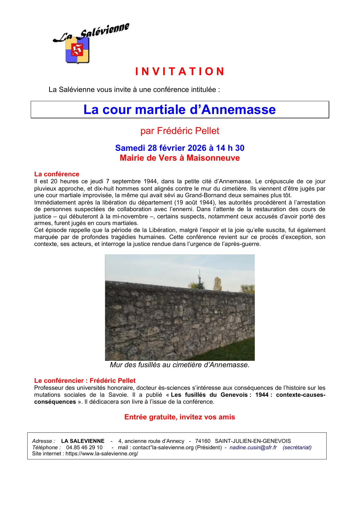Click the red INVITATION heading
180,72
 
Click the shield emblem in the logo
77,50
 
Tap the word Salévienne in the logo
105,31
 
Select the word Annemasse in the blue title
238,110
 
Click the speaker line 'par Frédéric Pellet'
180,131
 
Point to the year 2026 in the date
197,148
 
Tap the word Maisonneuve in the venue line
213,158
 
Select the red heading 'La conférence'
57,174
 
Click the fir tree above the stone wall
200,281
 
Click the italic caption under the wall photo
180,365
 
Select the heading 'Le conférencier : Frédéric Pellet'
85,381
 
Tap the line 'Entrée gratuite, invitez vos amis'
180,417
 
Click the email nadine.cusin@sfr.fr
253,448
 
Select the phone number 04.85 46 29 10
84,448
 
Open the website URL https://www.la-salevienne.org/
102,454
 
